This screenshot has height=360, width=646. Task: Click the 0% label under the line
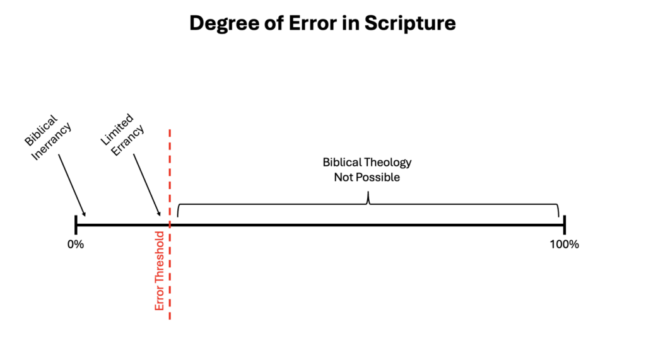(x=76, y=244)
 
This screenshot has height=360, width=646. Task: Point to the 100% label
(x=565, y=244)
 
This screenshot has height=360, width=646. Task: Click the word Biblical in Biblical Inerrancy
(x=41, y=131)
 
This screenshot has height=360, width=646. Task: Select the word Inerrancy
(x=52, y=141)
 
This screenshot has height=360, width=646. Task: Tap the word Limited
(x=117, y=129)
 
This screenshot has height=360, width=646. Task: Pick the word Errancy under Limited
(x=127, y=140)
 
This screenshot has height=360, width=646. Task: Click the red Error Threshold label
(x=160, y=270)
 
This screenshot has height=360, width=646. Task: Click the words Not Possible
(x=367, y=177)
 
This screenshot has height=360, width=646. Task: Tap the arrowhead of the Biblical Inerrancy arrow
(x=85, y=214)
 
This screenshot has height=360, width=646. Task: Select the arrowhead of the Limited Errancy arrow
(x=159, y=214)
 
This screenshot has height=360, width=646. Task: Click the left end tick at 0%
(x=76, y=225)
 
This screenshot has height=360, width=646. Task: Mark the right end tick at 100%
(x=565, y=225)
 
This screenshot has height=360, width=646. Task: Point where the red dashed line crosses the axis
(x=170, y=225)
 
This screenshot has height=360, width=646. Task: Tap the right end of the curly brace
(x=559, y=216)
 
